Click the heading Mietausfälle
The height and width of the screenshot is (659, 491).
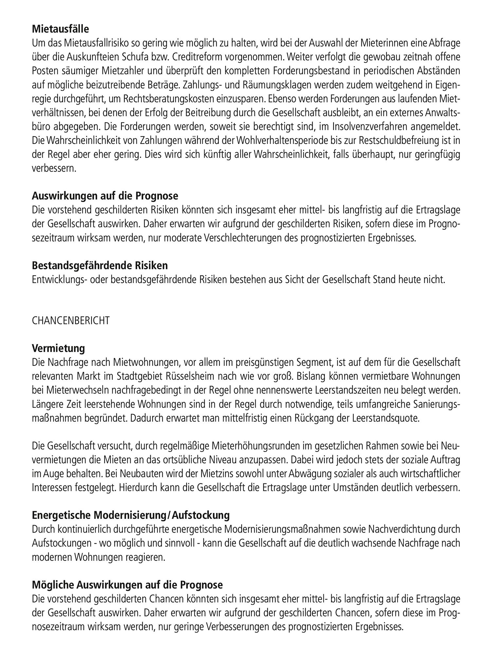coord(60,29)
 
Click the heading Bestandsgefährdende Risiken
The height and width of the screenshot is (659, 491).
coord(100,265)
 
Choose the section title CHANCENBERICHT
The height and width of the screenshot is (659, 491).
coord(71,320)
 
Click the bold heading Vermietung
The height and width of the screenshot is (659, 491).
coord(58,348)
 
